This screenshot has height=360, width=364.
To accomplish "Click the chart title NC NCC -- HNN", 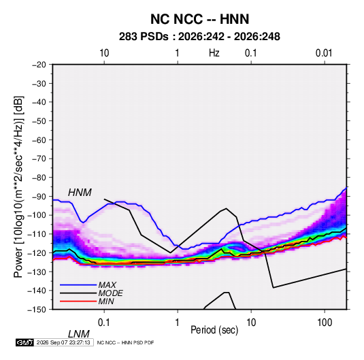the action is (x=199, y=19).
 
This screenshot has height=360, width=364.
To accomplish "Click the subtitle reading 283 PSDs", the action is (x=144, y=37).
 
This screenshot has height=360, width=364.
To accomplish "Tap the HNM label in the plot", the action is (x=80, y=193).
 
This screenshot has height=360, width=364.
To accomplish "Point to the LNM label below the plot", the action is (x=78, y=334).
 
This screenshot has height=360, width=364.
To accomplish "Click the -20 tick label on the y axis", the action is (x=39, y=65).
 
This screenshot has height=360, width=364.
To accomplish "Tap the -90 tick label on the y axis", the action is (x=39, y=196).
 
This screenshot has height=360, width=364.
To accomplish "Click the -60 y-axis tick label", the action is (x=39, y=140).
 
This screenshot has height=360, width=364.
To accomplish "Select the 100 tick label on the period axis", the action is (x=325, y=322).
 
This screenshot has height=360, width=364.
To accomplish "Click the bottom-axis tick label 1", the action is (x=178, y=322).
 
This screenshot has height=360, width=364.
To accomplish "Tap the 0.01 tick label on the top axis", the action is (x=324, y=53).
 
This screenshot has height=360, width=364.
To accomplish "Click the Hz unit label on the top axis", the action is (x=214, y=53).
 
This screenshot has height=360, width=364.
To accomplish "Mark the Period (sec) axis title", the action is (x=214, y=330).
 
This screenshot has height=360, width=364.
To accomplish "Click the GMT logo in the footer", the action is (x=25, y=342).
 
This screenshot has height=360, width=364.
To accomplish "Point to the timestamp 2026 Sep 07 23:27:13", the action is (x=63, y=342).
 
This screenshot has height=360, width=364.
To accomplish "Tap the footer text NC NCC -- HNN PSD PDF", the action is (x=125, y=342).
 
